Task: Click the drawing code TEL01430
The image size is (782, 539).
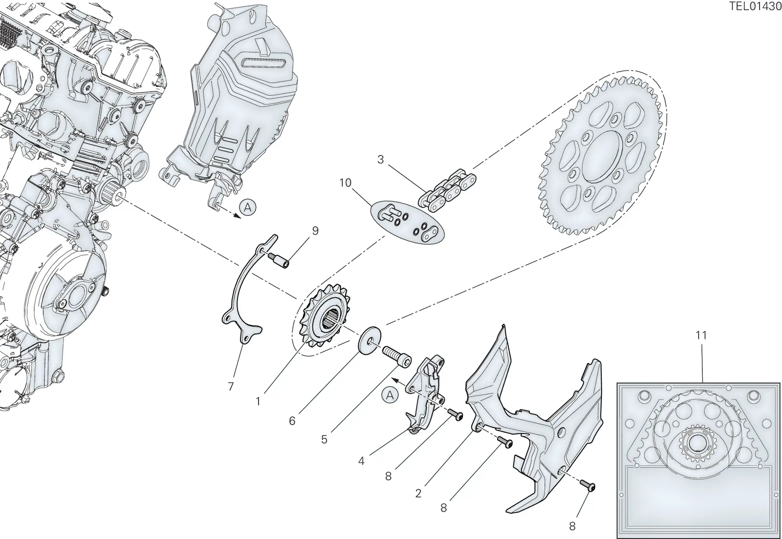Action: coord(755,6)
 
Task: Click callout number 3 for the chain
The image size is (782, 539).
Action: coord(381,159)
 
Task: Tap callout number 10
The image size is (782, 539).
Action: coord(345,183)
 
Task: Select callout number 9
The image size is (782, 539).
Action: coord(315,231)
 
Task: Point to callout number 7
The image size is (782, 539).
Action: coord(230,386)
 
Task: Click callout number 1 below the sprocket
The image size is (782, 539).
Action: coord(258,402)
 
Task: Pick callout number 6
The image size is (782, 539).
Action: coord(292,421)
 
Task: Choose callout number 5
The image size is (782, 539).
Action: coord(325,439)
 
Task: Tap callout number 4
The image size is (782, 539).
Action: coord(361,461)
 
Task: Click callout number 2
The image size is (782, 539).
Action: coord(418,493)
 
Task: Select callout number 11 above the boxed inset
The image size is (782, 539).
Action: coord(701,335)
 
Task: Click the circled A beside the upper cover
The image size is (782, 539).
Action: coord(247,207)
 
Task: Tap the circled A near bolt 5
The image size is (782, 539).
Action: coord(390,395)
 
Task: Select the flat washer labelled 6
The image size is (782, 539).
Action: coord(369,340)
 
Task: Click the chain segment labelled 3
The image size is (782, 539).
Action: coord(447,190)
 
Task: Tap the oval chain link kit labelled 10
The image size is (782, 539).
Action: coord(407,222)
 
